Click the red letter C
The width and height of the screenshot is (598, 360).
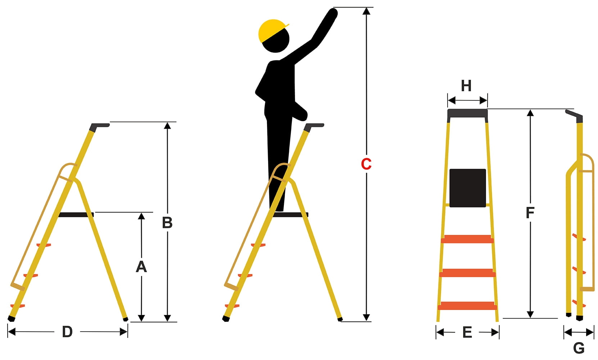point(366,164)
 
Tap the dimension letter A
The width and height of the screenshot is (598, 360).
point(141,266)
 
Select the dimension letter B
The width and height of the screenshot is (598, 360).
point(167,223)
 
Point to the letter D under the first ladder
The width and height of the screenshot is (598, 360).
point(67,332)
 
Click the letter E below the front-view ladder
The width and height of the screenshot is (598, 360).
point(467,332)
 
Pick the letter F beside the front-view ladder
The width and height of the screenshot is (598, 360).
point(530,213)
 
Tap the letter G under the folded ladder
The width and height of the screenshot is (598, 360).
point(579,348)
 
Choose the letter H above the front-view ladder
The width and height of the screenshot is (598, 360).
point(466,86)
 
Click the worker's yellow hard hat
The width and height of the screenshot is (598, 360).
point(272,31)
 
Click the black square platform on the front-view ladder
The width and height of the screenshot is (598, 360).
point(468,188)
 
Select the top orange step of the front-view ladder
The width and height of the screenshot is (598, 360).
point(467,239)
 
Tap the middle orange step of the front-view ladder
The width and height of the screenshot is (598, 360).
point(467,273)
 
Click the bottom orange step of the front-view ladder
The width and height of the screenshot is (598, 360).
point(467,306)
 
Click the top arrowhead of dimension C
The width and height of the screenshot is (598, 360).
point(367,11)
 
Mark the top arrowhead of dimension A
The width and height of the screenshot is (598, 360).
point(141,216)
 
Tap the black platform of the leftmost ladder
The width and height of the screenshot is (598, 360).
point(76,215)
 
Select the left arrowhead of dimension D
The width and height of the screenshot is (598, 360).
point(12,332)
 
